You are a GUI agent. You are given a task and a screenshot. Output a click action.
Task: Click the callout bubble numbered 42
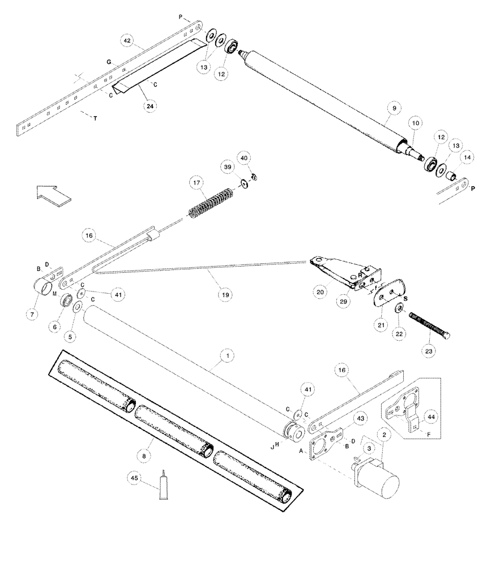click(127, 41)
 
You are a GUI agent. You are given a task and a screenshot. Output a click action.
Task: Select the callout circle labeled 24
click(149, 106)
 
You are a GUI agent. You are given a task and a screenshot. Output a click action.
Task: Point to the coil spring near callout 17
click(210, 203)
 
